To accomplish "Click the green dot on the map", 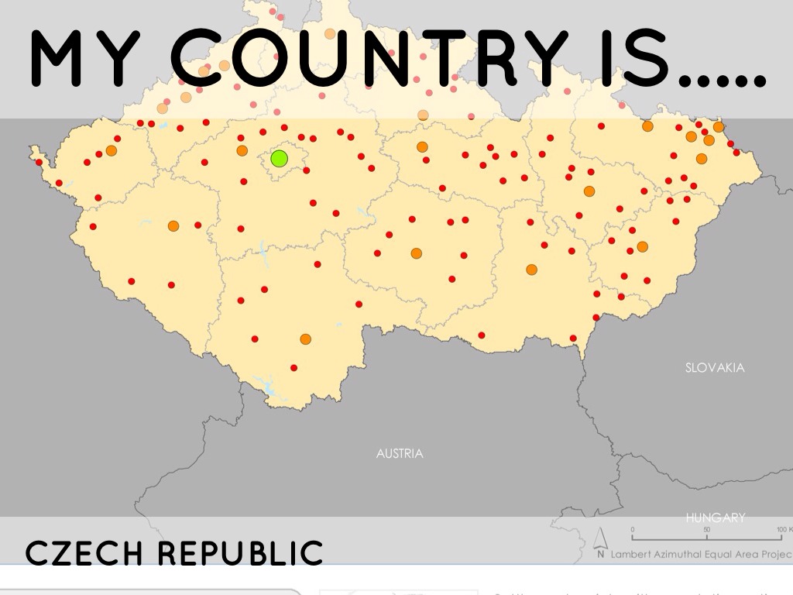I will click(x=280, y=159).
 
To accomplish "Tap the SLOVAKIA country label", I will click(x=715, y=367).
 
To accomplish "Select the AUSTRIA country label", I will click(x=400, y=453).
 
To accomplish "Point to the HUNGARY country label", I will click(x=715, y=518).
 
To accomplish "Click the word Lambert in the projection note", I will click(x=633, y=554).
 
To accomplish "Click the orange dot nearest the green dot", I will click(x=242, y=150).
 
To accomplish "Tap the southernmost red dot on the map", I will click(x=294, y=368).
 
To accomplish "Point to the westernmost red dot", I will click(x=39, y=162).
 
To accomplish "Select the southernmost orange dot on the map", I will click(x=305, y=339).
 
